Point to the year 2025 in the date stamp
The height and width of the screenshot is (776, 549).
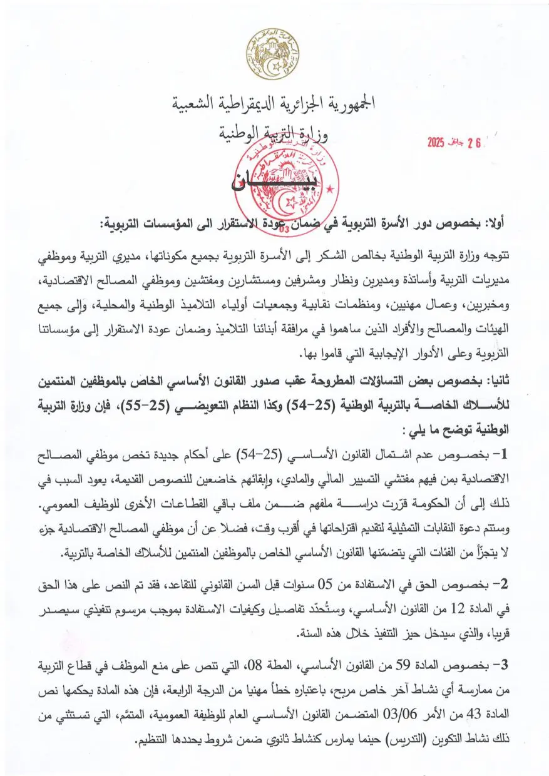pos(436,143)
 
